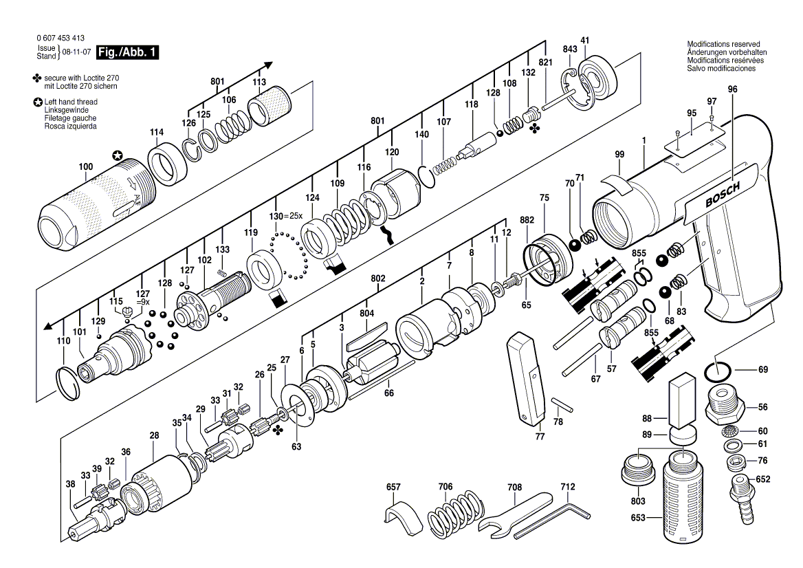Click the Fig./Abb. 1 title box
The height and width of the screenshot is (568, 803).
(127, 52)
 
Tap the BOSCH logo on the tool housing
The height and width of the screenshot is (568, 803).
(722, 195)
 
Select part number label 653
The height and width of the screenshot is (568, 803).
(638, 518)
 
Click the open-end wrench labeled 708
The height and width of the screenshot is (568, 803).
(514, 512)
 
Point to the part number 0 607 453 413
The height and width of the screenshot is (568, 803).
(60, 38)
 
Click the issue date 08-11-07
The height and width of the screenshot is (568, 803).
(77, 52)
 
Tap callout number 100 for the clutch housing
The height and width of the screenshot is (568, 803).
(85, 166)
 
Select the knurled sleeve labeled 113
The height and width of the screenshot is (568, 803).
(270, 107)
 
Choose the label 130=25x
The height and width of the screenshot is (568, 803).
(286, 216)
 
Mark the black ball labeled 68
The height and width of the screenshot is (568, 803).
(665, 292)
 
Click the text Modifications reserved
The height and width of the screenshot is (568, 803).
(724, 44)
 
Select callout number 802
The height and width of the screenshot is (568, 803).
(378, 278)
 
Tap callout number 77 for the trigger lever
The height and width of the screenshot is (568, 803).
(540, 437)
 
